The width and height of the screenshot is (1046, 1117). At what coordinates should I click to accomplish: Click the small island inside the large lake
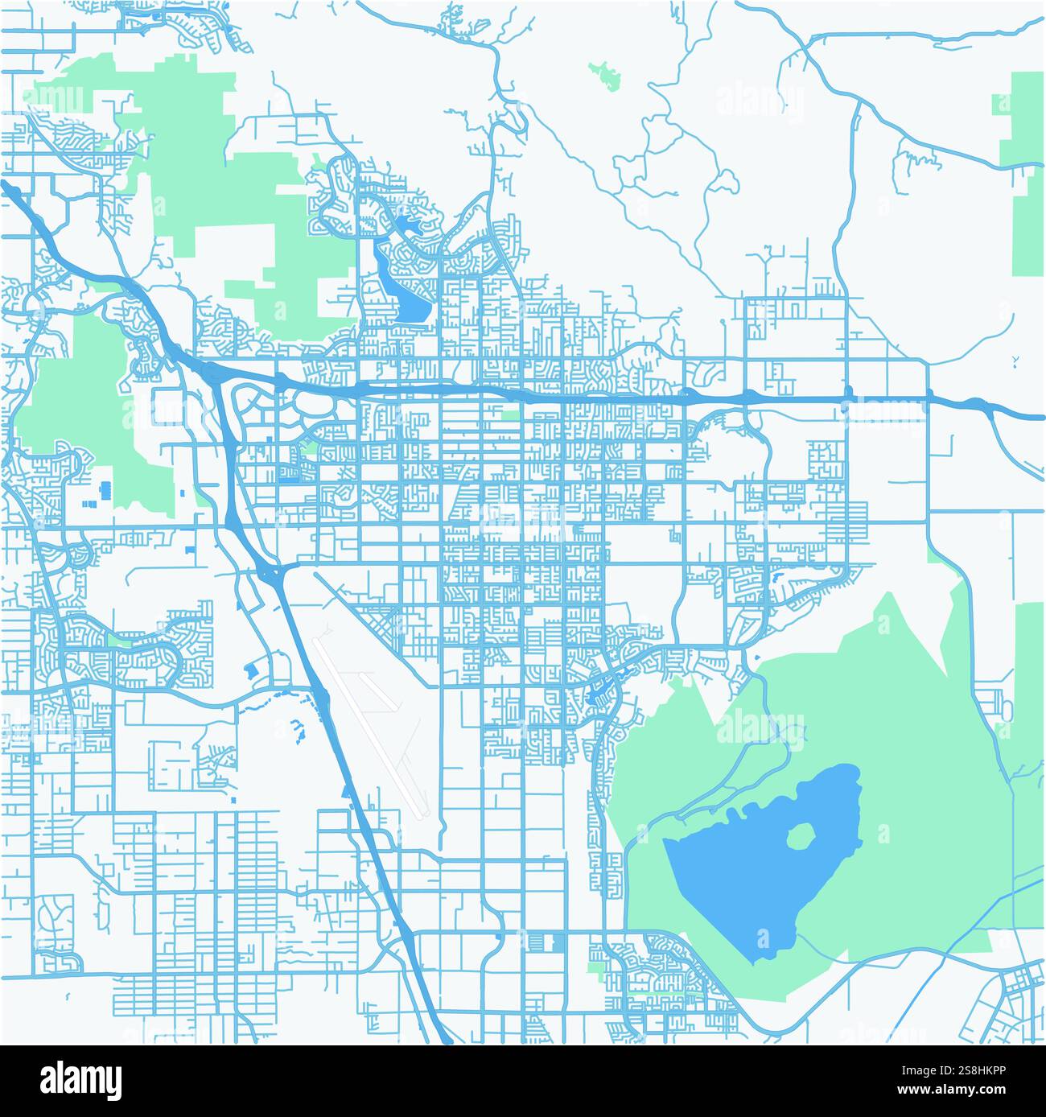tap(799, 838)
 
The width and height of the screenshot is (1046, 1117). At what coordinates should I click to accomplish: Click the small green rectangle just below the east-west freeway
tap(510, 416)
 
